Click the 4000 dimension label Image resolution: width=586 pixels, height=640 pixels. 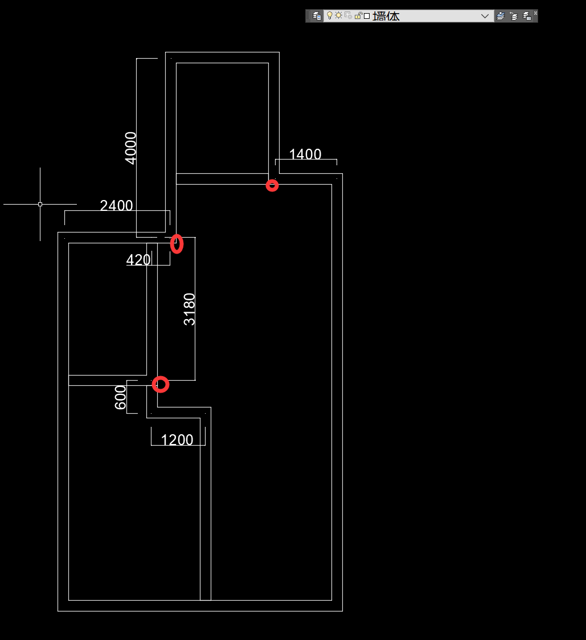pos(131,148)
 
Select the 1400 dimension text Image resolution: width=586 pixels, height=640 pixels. pos(305,154)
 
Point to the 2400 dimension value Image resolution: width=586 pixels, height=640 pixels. pos(116,206)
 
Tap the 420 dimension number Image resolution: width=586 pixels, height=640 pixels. pos(138,260)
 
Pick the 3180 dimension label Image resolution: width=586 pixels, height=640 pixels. pos(190,309)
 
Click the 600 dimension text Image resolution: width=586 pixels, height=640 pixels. pos(121,397)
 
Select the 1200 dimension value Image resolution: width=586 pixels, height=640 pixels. pos(177,440)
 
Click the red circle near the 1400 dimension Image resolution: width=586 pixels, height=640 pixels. pos(272,185)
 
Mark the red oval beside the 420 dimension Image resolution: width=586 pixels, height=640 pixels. pos(177,244)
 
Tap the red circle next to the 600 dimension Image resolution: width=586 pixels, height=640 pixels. pos(161,385)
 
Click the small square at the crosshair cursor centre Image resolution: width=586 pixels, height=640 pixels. pos(40,204)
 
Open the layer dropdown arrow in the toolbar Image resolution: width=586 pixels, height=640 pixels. pos(485,16)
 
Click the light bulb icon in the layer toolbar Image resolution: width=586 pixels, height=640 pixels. pos(329,16)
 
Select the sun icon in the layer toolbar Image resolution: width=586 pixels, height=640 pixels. pos(338,16)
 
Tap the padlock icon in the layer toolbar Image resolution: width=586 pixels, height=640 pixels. pos(358,16)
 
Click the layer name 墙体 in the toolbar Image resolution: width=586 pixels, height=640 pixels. pos(386,16)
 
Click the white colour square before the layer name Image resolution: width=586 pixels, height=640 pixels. pos(367,16)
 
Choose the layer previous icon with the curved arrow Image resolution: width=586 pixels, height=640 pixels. pos(514,16)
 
